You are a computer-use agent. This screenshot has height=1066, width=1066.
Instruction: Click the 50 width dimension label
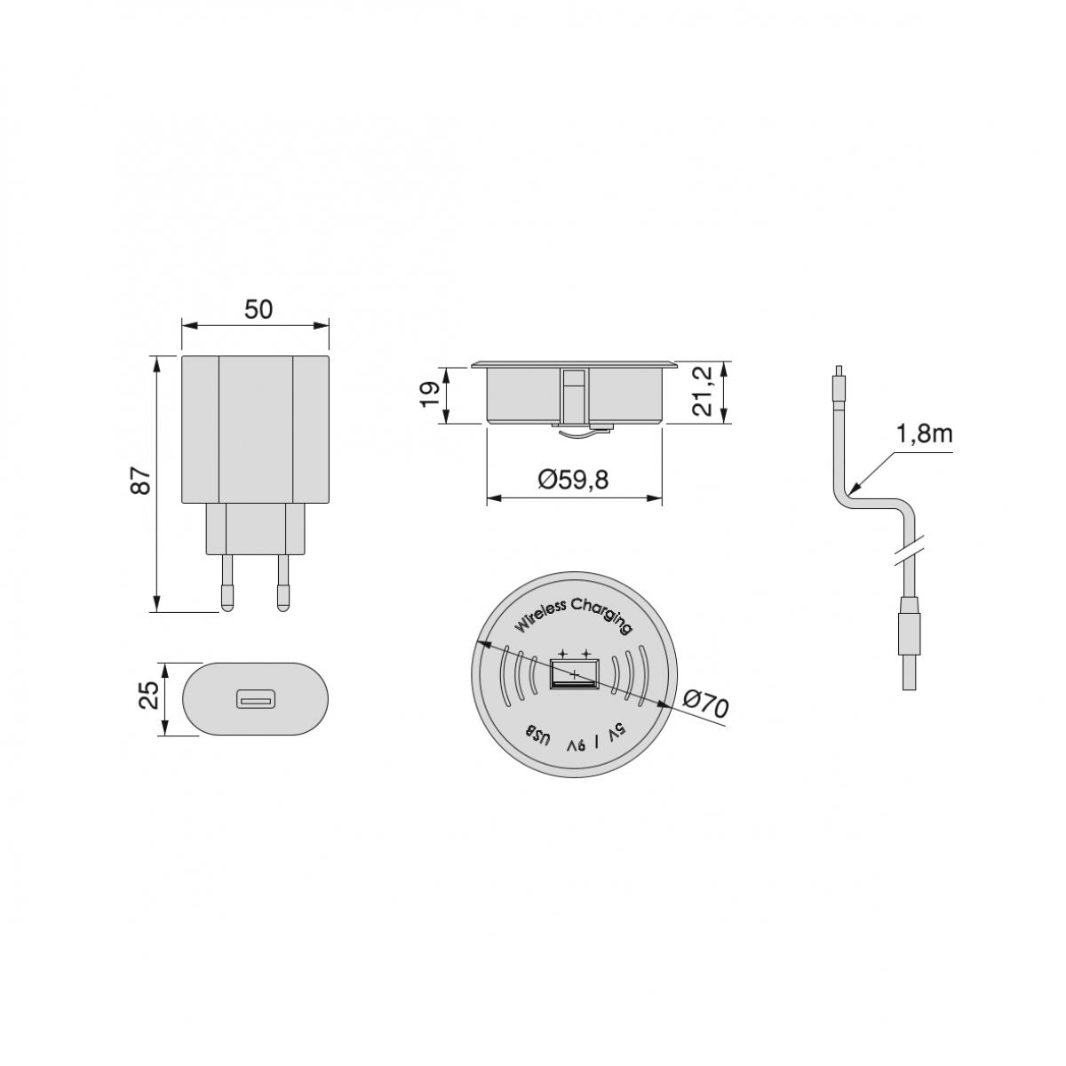[259, 309]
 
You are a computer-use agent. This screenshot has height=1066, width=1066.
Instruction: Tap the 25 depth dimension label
[151, 695]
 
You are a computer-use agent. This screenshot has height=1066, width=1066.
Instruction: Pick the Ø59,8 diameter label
[573, 481]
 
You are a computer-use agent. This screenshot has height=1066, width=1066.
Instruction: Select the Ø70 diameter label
[706, 705]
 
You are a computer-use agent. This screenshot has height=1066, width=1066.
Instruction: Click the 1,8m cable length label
[924, 435]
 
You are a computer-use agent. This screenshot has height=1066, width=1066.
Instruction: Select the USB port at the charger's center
[575, 674]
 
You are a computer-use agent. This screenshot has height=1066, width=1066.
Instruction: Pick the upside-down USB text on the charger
[539, 736]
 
